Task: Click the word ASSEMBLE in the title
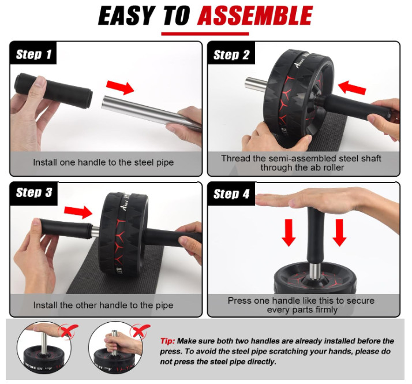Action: click(x=255, y=16)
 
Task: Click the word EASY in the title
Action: click(x=126, y=16)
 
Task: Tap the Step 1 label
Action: click(x=33, y=54)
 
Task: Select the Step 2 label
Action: click(x=231, y=55)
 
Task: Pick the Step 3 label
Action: click(x=34, y=192)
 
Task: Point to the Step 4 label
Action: click(x=231, y=194)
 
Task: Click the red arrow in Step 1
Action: click(x=120, y=87)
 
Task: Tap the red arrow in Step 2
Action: click(x=352, y=87)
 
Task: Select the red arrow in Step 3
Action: click(x=78, y=212)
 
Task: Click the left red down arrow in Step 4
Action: click(x=289, y=233)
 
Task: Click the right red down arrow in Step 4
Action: click(x=339, y=233)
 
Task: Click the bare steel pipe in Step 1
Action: click(x=152, y=113)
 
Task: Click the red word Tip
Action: click(x=167, y=341)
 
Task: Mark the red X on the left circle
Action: click(x=68, y=331)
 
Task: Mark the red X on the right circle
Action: click(x=140, y=330)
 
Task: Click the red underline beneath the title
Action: click(x=205, y=33)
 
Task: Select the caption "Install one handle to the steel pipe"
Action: click(x=103, y=162)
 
